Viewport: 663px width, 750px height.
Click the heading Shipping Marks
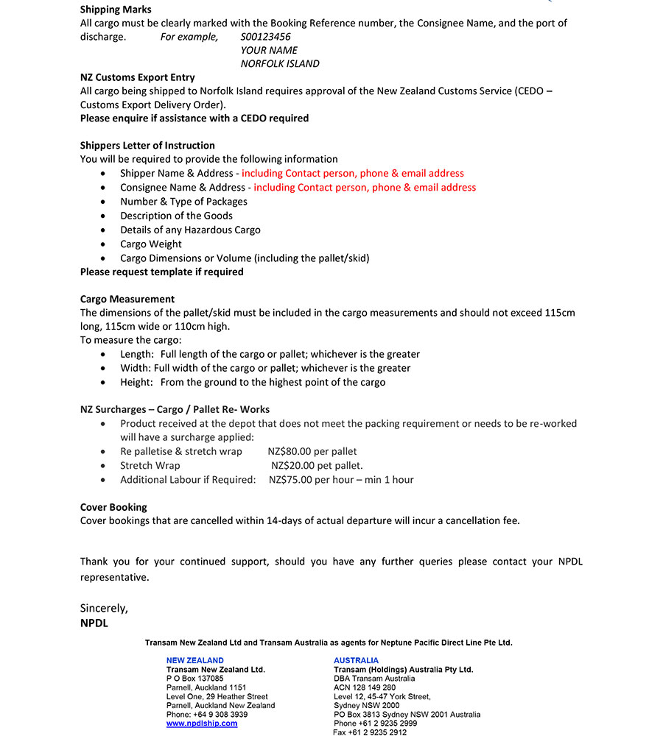tap(116, 10)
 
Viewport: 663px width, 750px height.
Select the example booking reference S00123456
tap(265, 37)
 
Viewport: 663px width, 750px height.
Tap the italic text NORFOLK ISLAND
tap(280, 63)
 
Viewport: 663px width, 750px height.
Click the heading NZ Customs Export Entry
tap(138, 77)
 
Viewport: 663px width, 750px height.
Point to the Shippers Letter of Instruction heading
tap(147, 145)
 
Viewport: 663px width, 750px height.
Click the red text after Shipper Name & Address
tap(353, 173)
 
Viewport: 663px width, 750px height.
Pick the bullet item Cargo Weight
tap(151, 244)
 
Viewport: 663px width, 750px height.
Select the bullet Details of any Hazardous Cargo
tap(190, 230)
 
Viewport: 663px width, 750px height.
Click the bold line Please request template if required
tap(161, 272)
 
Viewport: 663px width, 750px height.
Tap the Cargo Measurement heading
tap(127, 299)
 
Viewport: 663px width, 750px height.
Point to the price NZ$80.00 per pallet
tap(312, 451)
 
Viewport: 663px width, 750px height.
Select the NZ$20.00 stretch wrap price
tap(317, 465)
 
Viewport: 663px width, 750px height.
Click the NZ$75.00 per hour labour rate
tap(341, 479)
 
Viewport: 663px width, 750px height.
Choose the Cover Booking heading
tap(113, 507)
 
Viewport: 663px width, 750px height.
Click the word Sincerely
tap(104, 608)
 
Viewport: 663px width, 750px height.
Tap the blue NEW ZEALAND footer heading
tap(195, 660)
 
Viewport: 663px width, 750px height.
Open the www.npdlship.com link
tap(202, 724)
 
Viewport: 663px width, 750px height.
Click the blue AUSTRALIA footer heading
tap(356, 660)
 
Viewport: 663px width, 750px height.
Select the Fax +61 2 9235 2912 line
tap(370, 732)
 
